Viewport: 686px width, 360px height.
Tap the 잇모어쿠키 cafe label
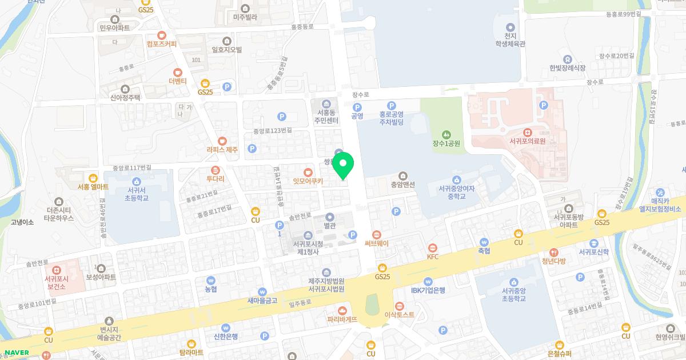[x=308, y=182]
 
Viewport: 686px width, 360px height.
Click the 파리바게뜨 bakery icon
[x=342, y=310]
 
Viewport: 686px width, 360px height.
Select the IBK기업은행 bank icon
[x=428, y=281]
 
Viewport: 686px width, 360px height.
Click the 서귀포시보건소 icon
[x=57, y=270]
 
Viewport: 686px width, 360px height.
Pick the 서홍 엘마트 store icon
[x=93, y=177]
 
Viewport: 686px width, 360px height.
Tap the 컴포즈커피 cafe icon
[x=162, y=34]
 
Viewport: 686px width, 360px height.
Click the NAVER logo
[x=17, y=351]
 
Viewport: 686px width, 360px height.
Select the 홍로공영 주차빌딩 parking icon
[x=392, y=105]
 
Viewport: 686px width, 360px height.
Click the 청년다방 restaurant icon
[x=553, y=252]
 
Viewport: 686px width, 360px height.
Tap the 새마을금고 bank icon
[x=262, y=291]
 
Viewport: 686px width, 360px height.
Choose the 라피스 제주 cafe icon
[x=222, y=141]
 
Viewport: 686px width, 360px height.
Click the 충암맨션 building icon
[x=403, y=175]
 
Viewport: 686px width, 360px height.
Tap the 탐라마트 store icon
[x=191, y=343]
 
